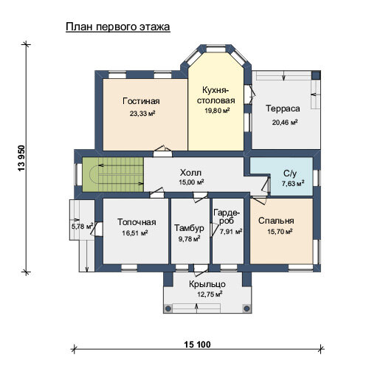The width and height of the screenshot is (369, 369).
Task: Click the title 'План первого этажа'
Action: pos(118,27)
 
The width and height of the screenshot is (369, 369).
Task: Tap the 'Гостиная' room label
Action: pos(141,101)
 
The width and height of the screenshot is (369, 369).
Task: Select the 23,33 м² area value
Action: pos(142,114)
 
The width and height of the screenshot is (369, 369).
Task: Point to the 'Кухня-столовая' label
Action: pos(216,95)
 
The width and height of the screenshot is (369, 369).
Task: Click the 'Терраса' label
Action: pos(283,108)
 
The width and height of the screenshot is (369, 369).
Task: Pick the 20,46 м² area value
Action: pos(285,122)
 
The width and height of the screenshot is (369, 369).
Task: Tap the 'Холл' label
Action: pos(190,173)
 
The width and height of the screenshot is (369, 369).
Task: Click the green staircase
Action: pos(113,174)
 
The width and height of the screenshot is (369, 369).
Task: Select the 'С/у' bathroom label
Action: pos(290,173)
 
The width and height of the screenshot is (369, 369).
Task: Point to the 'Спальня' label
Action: pos(276,221)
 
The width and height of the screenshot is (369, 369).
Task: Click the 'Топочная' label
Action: pos(137,222)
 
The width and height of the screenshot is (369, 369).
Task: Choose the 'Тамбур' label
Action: pos(189,228)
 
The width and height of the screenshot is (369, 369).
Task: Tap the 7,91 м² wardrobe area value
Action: pos(231,232)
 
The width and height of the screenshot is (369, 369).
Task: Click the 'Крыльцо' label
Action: pos(207,284)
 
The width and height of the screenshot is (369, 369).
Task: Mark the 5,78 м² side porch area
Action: pos(82,226)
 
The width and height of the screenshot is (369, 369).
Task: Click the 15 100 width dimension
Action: pos(198,345)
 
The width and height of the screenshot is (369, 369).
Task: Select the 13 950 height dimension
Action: pos(21,159)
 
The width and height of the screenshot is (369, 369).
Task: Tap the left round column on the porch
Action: pos(168,308)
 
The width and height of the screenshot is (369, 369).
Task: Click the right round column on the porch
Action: pos(246,308)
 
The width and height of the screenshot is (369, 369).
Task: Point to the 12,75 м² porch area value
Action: pos(210,294)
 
